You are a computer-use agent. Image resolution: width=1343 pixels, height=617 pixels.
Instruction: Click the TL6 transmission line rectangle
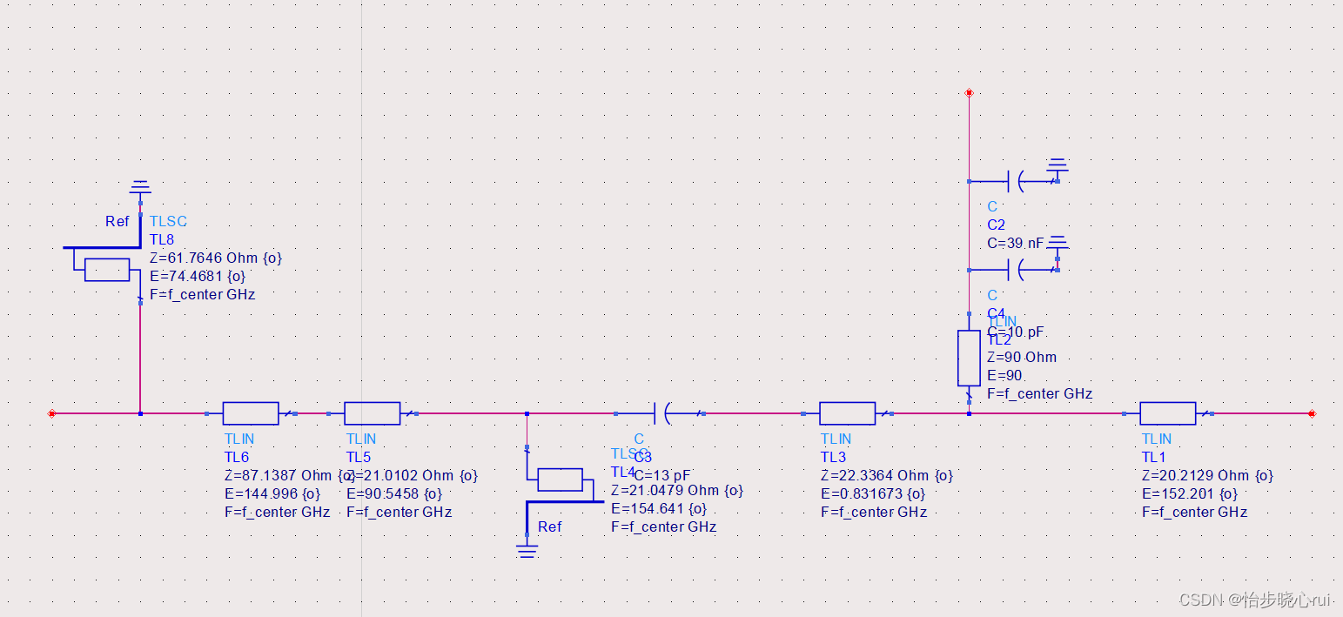pos(251,413)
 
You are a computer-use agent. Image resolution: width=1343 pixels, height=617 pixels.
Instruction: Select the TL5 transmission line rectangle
pos(373,413)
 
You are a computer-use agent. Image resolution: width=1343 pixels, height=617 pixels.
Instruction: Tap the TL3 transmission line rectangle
pos(847,413)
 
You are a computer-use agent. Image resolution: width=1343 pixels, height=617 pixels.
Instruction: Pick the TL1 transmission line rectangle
pos(1167,413)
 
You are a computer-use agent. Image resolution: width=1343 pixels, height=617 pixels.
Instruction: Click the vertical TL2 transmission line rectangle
pos(969,358)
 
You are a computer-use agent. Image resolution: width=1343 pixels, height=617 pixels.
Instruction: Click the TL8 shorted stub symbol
pos(107,270)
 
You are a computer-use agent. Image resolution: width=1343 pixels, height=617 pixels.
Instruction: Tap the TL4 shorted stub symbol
pos(560,480)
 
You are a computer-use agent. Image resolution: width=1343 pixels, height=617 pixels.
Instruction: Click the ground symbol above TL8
pos(140,187)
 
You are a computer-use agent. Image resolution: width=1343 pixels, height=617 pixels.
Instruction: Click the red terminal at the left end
pos(52,413)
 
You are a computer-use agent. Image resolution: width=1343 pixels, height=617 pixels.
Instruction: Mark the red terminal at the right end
pos(1312,413)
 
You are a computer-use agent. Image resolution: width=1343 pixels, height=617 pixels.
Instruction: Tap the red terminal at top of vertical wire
pos(969,92)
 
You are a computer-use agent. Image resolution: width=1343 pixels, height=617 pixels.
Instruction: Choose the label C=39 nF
pos(1015,244)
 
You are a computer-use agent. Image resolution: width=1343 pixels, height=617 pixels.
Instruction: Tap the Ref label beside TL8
pos(118,222)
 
